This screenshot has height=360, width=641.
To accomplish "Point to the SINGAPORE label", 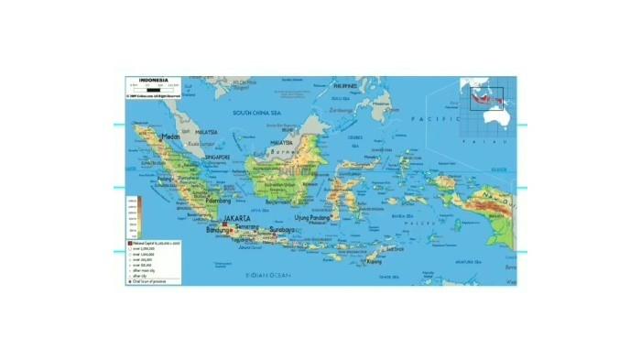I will pos(218,157).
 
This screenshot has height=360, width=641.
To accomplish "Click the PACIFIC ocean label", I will pos(427,120).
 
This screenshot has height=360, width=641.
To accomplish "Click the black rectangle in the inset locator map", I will pos(483,95).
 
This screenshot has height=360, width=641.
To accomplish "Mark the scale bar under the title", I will pos(150,90).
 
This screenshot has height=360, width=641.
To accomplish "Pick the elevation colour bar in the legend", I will pos(133,216).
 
